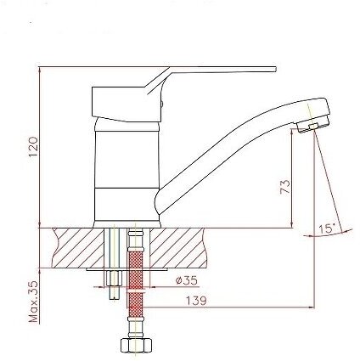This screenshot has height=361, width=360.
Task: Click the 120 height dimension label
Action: pos(33,147)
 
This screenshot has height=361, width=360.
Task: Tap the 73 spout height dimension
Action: pos(285,187)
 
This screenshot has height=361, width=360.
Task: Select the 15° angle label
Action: pos(327,228)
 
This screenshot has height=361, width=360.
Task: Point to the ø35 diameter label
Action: pos(186,280)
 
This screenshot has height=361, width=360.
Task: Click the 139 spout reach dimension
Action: pos(196,301)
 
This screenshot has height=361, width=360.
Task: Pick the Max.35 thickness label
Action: pos(33,302)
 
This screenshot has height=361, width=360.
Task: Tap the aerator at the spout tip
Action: pos(312,125)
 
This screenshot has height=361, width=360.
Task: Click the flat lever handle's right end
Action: pos(275,70)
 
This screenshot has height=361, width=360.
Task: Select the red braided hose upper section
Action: pos(136,270)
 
